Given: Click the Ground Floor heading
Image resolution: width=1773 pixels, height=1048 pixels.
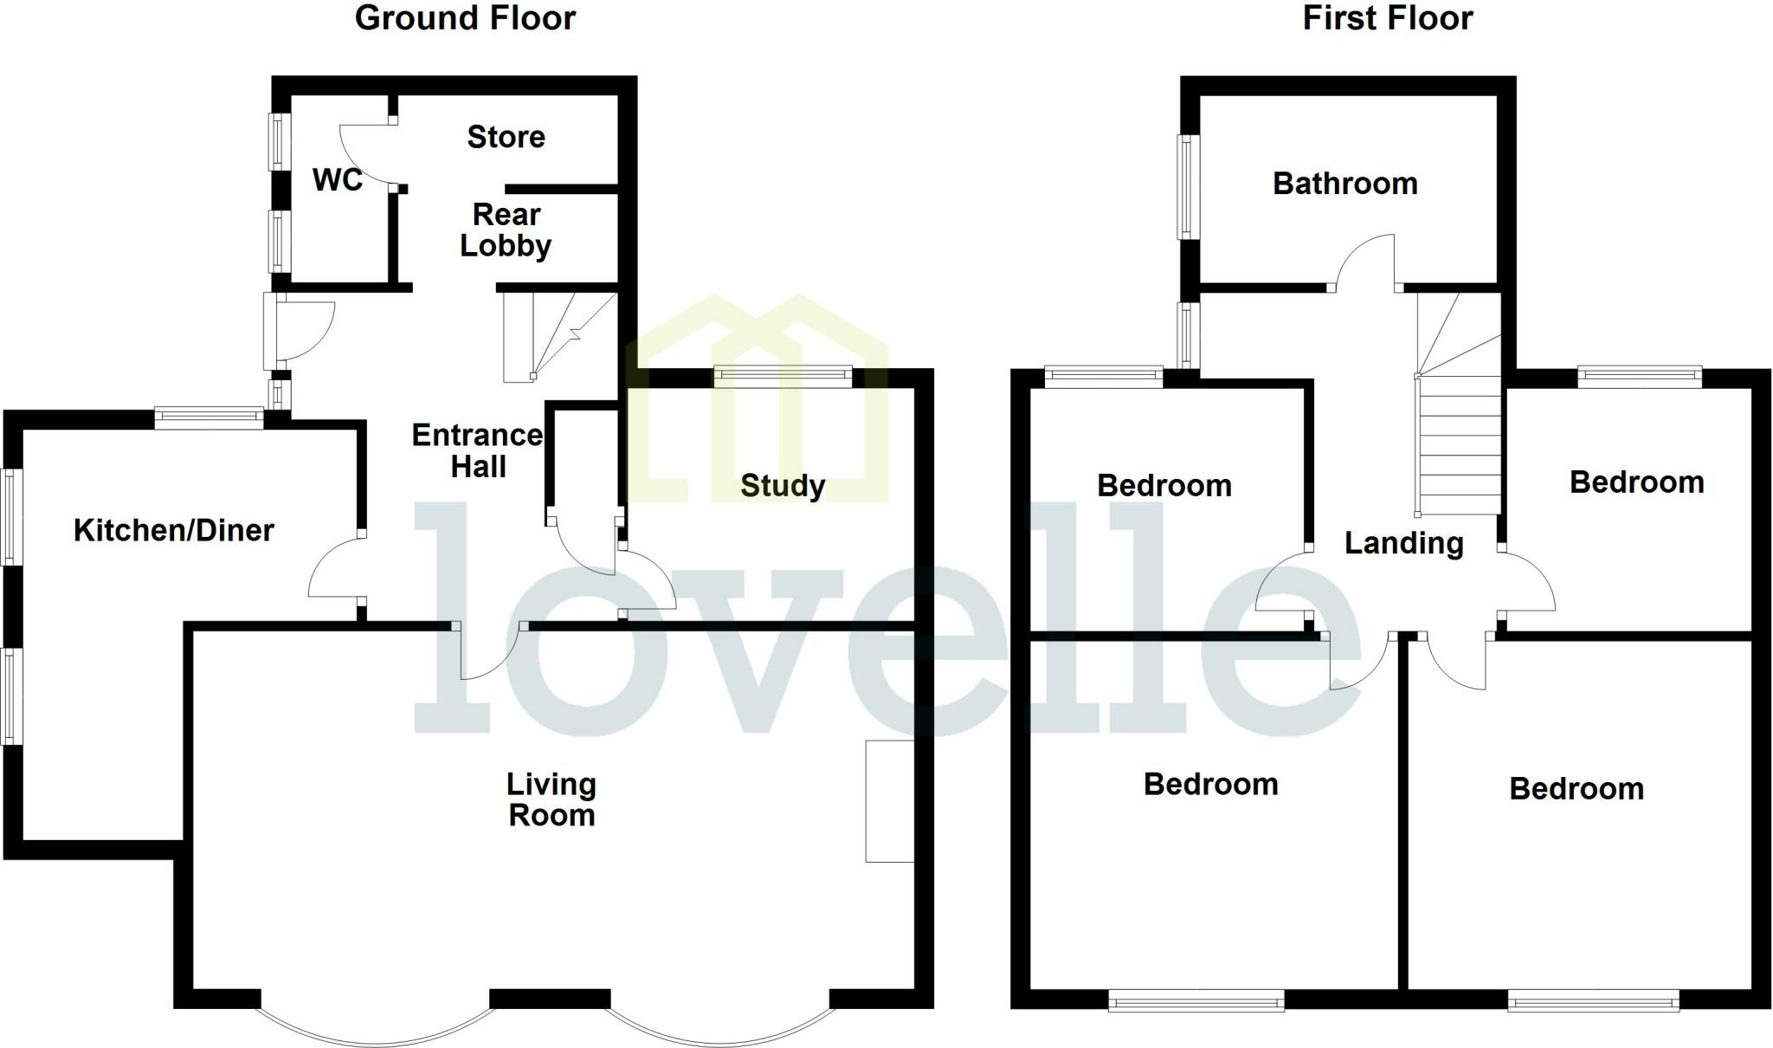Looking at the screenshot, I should pos(465,18).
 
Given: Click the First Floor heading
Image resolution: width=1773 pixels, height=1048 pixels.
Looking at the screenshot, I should pos(1387,18).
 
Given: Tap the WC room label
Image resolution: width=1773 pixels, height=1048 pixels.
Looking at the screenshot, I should pos(337,180).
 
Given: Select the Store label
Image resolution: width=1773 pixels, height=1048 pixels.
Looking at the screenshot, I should pos(506,137).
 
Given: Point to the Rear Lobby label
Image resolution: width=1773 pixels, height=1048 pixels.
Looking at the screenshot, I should pos(506,230).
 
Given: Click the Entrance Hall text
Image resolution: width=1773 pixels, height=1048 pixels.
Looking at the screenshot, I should pos(477,450).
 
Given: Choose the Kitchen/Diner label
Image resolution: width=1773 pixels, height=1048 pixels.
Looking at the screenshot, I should pos(173,530).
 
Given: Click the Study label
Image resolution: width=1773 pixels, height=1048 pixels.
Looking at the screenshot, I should pos(782,485).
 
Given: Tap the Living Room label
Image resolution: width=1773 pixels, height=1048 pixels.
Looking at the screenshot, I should pos(551,799).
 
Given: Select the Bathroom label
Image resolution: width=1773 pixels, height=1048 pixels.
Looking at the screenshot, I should pos(1344,184).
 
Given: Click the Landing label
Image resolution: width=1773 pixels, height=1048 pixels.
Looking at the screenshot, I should pos(1403,543).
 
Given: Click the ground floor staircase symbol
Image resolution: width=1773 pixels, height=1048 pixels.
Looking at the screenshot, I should pos(558,336).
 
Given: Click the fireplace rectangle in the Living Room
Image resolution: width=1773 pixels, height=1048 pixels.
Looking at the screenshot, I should pos(889,801).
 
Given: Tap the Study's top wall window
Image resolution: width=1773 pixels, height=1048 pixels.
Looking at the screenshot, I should pos(783,375).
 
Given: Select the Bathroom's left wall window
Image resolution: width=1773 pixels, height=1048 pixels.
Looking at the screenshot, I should pos(1189,186).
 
